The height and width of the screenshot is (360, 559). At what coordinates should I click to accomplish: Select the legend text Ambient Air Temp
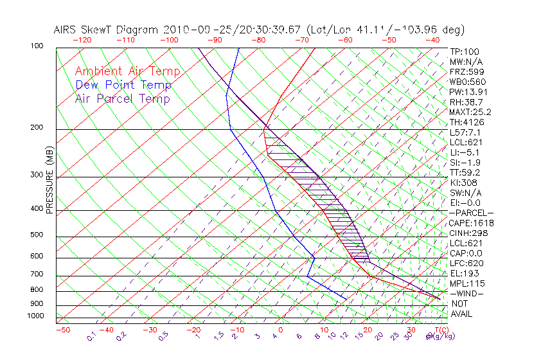[128, 71]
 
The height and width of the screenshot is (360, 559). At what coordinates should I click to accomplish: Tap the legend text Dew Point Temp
[123, 85]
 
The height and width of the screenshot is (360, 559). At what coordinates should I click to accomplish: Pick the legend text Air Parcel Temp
[123, 98]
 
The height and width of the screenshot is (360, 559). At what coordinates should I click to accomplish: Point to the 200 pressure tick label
[36, 128]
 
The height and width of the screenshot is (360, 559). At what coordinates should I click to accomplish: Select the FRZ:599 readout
[465, 71]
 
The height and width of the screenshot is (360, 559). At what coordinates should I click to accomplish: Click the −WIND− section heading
[466, 293]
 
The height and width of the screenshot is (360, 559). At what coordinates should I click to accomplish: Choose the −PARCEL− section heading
[471, 213]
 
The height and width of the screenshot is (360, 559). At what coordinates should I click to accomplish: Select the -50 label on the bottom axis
[62, 330]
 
